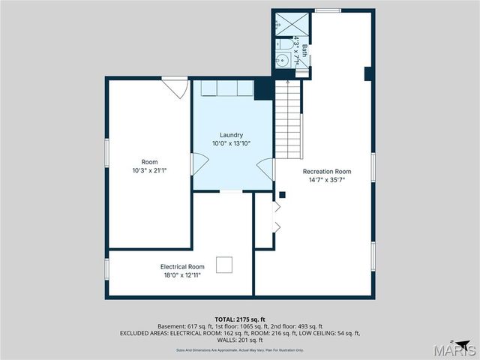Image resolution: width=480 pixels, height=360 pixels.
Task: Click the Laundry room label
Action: (231, 135)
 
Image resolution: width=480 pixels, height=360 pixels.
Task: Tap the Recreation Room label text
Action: (327, 171)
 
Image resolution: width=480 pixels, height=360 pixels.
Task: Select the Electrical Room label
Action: (182, 266)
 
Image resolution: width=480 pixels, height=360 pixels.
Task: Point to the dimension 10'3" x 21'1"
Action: (149, 170)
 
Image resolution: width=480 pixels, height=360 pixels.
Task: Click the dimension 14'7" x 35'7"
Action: (327, 179)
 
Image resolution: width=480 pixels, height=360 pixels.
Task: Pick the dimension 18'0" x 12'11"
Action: (182, 275)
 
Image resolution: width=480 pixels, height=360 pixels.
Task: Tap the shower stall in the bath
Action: (286, 22)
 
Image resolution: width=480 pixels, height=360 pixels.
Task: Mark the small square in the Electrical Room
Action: (224, 265)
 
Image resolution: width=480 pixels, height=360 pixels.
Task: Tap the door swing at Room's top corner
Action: (176, 87)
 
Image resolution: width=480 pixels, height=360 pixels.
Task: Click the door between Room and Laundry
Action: (198, 164)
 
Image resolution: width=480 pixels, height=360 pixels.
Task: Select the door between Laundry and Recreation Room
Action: (265, 169)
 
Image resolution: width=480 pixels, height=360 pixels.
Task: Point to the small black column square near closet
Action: (282, 195)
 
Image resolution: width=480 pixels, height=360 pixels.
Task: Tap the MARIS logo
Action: (456, 349)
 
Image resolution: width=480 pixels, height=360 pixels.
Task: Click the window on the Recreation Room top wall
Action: (327, 10)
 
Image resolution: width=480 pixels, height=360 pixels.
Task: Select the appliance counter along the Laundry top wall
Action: (226, 88)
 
